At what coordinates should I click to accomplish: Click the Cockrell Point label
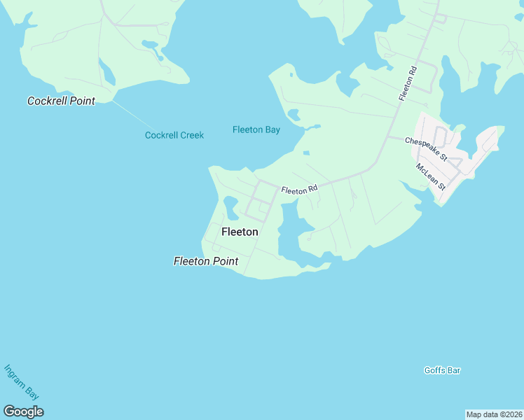pyautogui.click(x=61, y=101)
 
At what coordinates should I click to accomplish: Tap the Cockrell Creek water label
pyautogui.click(x=174, y=135)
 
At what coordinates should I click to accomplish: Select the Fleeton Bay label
pyautogui.click(x=256, y=129)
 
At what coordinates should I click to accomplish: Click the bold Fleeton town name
pyautogui.click(x=240, y=232)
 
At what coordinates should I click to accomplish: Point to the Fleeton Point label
pyautogui.click(x=206, y=261)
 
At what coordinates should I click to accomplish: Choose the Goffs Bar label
pyautogui.click(x=442, y=370)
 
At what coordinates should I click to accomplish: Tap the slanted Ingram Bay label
pyautogui.click(x=21, y=382)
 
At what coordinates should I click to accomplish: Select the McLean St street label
pyautogui.click(x=431, y=176)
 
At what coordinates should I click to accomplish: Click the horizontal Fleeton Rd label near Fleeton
pyautogui.click(x=300, y=189)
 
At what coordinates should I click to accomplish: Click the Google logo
pyautogui.click(x=23, y=412)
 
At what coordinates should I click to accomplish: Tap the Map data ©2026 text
pyautogui.click(x=494, y=414)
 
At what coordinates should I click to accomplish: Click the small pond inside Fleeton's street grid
pyautogui.click(x=229, y=205)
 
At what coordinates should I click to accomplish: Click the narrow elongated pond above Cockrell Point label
pyautogui.click(x=106, y=71)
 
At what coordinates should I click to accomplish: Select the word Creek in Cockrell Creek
pyautogui.click(x=191, y=135)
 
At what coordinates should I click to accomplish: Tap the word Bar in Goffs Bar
pyautogui.click(x=453, y=370)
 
